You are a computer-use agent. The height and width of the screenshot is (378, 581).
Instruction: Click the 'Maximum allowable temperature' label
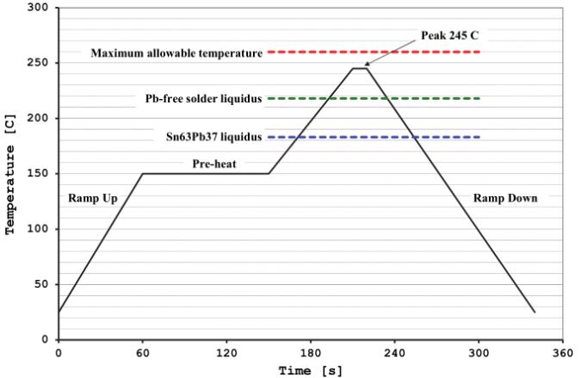pos(176,53)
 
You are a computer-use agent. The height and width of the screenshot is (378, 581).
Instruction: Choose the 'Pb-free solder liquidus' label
pos(203,99)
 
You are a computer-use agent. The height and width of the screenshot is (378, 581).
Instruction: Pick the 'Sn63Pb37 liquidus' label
pos(213,137)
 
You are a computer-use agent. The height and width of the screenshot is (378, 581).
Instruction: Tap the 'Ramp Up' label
pos(92,198)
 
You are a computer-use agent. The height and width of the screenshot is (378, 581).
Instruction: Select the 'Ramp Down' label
pos(505,198)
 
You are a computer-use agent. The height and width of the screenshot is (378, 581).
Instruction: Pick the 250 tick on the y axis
pos(41,63)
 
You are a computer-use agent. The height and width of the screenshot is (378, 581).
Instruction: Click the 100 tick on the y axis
pos(41,229)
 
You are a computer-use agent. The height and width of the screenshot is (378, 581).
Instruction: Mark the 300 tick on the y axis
pos(41,8)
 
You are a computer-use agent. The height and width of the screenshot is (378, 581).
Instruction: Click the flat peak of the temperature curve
pos(360,68)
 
